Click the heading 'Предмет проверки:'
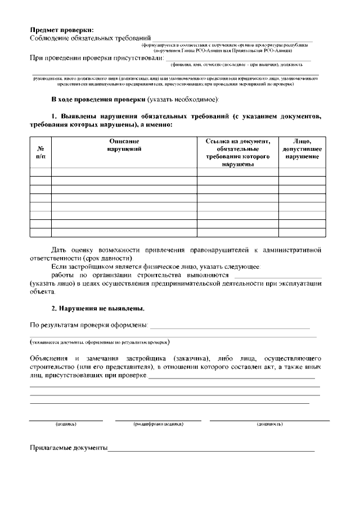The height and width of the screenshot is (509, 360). pyautogui.click(x=62, y=29)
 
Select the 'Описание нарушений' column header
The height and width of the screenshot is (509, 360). pyautogui.click(x=124, y=145)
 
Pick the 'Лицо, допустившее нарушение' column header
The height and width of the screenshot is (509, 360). pyautogui.click(x=302, y=149)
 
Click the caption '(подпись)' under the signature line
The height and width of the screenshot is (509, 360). pyautogui.click(x=66, y=424)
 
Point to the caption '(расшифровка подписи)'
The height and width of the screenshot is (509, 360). pyautogui.click(x=158, y=424)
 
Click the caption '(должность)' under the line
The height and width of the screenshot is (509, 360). pyautogui.click(x=269, y=424)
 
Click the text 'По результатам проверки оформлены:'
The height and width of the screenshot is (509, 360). pyautogui.click(x=89, y=325)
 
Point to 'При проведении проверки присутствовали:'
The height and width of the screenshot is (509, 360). pyautogui.click(x=96, y=57)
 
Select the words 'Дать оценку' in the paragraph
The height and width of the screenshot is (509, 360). pyautogui.click(x=71, y=249)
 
